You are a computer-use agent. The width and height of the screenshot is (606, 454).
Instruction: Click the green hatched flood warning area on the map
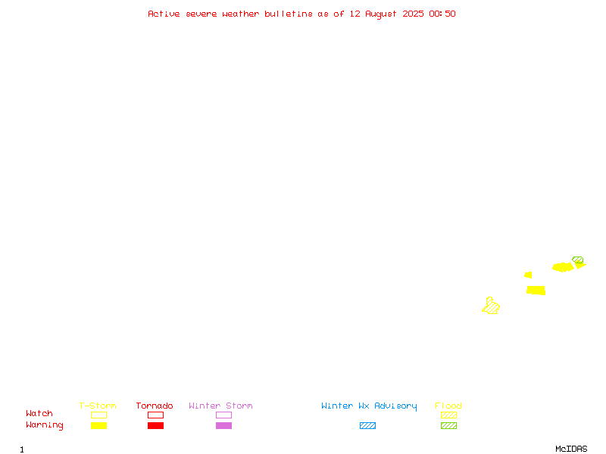point(577,260)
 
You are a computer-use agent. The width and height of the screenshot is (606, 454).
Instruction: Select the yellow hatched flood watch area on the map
point(491,306)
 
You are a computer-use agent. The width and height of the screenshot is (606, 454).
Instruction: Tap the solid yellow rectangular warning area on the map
point(536,291)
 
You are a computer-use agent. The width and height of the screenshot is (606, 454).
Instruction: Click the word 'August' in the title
point(381,14)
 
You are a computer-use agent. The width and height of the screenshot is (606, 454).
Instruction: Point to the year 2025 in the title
point(413,14)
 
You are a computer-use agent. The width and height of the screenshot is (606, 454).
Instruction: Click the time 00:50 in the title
point(442,14)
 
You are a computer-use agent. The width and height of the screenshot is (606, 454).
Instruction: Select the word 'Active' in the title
point(164,14)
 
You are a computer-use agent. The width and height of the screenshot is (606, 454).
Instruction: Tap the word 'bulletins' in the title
point(289,14)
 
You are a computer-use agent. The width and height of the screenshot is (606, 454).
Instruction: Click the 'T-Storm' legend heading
point(98,406)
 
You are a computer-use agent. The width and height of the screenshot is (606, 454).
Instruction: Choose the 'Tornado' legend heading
point(155,406)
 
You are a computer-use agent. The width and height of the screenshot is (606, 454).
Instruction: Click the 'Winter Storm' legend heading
point(220,406)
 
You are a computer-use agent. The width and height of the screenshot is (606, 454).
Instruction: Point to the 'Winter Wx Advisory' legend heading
point(369,406)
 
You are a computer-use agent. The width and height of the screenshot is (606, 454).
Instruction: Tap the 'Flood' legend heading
point(448,406)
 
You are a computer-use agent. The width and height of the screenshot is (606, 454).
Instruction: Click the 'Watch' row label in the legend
point(39,413)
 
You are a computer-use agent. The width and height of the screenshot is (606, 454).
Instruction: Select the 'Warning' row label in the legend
point(45,425)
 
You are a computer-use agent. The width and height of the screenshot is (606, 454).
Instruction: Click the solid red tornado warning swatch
point(156,425)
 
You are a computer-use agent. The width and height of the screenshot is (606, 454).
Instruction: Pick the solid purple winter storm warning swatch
point(223,425)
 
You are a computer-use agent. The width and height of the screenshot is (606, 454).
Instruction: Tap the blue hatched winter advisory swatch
point(367,425)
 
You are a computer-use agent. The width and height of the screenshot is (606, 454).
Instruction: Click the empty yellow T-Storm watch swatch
point(99,415)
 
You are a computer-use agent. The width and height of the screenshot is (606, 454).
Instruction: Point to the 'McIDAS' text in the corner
point(571,449)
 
